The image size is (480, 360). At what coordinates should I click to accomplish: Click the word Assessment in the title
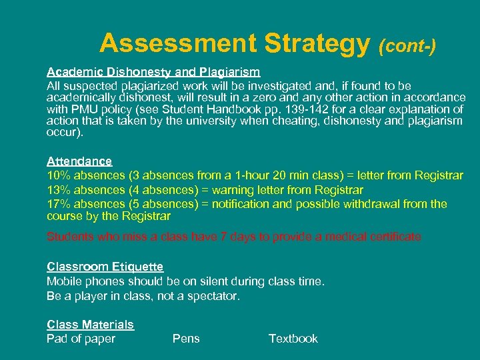pos(178,43)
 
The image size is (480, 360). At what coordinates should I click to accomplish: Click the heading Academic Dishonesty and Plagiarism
pos(153,71)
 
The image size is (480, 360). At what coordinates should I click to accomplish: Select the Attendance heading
pos(79,161)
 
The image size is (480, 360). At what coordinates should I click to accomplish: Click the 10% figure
pos(59,175)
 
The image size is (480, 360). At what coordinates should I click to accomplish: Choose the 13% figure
pos(59,190)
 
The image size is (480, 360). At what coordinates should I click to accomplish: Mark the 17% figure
pos(59,204)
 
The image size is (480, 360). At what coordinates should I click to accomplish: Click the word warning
pos(221,190)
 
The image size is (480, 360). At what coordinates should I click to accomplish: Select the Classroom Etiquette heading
pos(105,267)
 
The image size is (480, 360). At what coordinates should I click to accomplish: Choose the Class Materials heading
pos(90,325)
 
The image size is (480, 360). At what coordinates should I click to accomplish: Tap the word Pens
pos(186,339)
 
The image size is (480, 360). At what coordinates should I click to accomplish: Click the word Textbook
pos(293,339)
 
